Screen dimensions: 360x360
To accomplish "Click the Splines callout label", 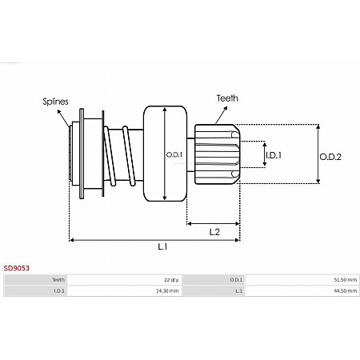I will tap(56, 102).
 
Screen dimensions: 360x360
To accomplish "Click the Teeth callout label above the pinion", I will tap(226, 98).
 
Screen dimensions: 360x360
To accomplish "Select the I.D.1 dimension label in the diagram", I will tap(273, 154).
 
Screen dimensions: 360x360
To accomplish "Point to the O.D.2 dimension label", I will tap(330, 157).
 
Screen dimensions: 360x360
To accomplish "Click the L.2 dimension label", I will tap(214, 232).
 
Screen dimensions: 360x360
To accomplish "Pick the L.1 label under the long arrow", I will tap(162, 247).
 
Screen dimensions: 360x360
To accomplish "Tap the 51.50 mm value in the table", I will tap(346, 280).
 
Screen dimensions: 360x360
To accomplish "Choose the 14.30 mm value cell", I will tap(168, 291).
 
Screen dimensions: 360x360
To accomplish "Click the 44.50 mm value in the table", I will tap(346, 291).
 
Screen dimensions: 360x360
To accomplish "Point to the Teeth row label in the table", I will tap(58, 280).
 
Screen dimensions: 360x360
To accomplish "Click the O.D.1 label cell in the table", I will tap(236, 280).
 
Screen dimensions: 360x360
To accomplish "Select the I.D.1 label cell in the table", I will tap(59, 291).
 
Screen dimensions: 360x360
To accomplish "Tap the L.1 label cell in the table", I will tap(238, 291).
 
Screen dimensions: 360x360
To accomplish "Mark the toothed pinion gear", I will tap(216, 154).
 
